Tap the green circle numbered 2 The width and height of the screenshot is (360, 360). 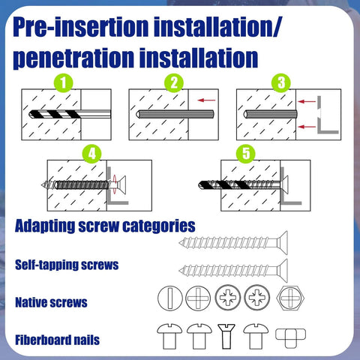point(174,83)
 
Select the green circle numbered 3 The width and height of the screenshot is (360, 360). point(282,83)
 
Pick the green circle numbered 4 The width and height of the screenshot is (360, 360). point(91,154)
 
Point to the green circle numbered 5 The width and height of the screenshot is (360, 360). point(244,154)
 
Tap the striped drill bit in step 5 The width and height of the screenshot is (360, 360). point(225,184)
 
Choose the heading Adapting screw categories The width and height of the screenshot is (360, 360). point(105,225)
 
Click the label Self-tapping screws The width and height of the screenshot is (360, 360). point(67,265)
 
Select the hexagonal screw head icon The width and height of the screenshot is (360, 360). point(289,298)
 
